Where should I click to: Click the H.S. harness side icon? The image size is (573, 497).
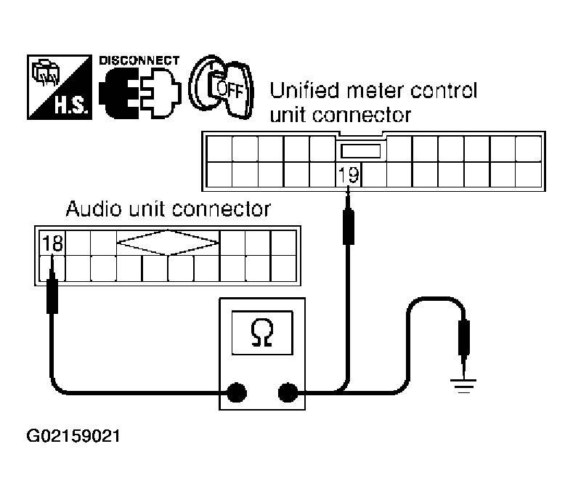60,87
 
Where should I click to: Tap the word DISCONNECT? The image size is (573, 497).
139,60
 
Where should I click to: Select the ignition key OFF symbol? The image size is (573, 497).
221,87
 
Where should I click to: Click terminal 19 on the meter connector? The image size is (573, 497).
349,174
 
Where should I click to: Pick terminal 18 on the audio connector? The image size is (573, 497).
52,243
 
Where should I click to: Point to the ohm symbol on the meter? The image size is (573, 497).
262,333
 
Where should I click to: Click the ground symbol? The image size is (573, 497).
463,386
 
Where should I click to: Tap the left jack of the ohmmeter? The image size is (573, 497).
237,392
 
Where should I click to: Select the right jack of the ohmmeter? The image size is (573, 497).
288,392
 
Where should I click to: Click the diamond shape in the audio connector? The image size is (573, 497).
168,242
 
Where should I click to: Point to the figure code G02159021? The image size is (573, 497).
73,436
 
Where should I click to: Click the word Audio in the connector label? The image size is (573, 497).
94,209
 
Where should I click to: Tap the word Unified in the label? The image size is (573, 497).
304,90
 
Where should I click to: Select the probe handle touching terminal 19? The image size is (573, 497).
349,227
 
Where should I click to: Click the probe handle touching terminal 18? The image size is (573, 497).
52,296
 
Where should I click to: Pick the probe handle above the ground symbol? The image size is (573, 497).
464,337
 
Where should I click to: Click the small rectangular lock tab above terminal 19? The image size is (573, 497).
360,151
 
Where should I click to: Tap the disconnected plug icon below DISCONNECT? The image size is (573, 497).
140,93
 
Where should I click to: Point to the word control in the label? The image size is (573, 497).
444,90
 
